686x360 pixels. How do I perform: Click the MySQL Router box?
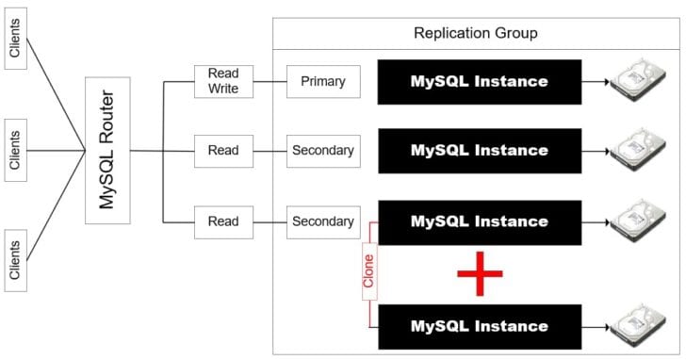107,151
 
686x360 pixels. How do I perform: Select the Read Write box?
223,81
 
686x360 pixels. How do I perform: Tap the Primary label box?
323,81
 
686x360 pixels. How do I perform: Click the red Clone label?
369,271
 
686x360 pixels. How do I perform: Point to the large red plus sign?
480,274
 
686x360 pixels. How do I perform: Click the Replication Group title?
476,33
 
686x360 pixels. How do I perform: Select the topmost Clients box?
15,38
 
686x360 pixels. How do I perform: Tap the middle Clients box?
15,150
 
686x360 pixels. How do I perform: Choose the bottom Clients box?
15,260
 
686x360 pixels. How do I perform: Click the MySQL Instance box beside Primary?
480,82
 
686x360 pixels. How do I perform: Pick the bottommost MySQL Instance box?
480,327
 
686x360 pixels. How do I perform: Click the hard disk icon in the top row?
638,80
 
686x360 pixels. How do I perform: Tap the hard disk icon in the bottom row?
638,326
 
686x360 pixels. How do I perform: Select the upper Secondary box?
323,151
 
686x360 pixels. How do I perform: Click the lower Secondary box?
323,222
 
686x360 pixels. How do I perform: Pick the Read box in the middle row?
223,151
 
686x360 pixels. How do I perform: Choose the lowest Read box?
223,222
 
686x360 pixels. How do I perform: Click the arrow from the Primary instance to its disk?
596,82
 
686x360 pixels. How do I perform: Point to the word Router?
107,116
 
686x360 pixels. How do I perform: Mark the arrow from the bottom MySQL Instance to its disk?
596,327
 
